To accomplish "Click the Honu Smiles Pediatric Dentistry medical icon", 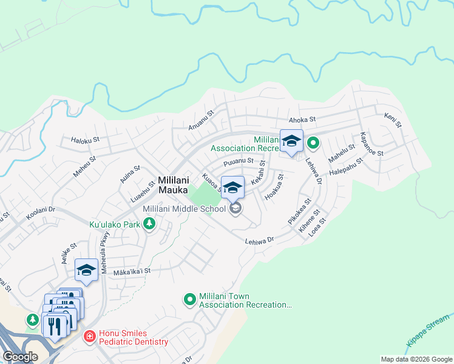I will (89, 335).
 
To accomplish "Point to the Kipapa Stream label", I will (429, 331).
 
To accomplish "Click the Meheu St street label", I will (84, 167).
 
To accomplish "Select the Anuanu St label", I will (202, 120).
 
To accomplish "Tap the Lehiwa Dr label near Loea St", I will (259, 241).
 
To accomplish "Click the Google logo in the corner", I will (20, 357).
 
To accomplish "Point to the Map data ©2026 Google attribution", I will (416, 359).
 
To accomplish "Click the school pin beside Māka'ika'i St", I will (86, 271).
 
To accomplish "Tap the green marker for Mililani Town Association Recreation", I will (190, 298).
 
